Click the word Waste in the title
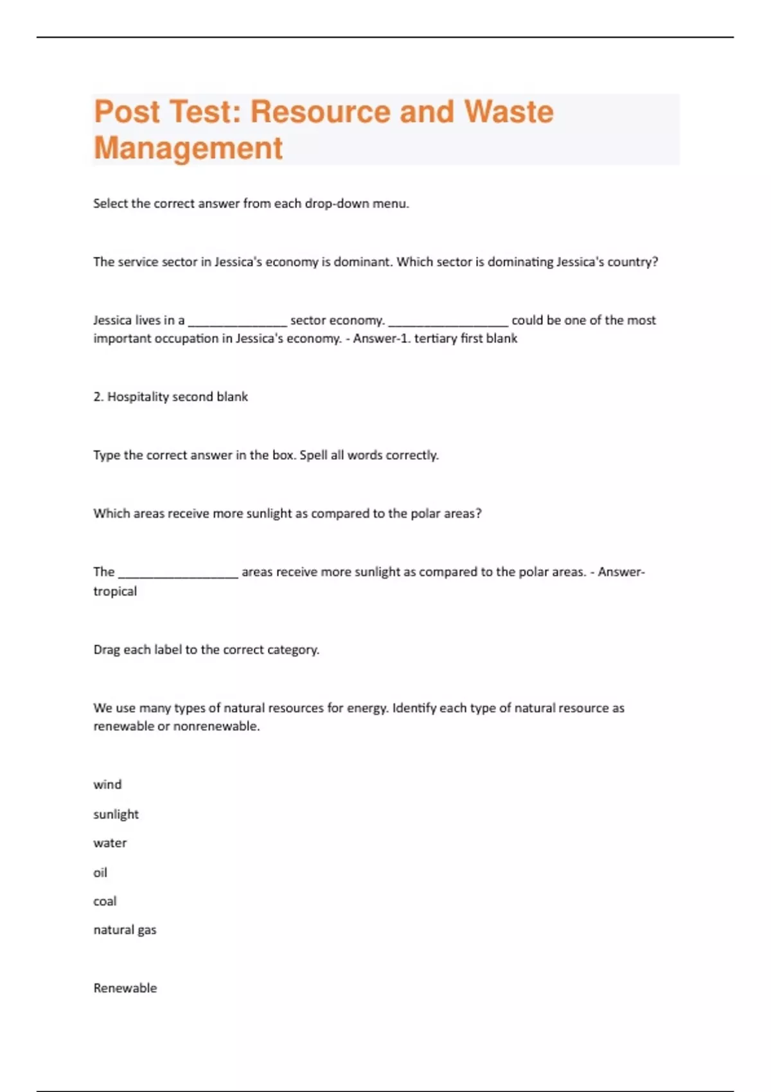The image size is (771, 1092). click(x=508, y=112)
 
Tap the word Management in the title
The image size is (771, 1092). click(x=188, y=148)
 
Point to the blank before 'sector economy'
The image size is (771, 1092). click(x=237, y=321)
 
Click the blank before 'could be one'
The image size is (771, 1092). click(x=448, y=321)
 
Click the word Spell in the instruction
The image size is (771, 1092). click(x=314, y=455)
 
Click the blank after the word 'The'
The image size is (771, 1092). click(x=178, y=572)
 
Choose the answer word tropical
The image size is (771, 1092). click(x=115, y=592)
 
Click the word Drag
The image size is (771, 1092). click(x=107, y=650)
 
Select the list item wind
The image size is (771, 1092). click(x=107, y=785)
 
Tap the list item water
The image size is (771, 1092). click(x=110, y=843)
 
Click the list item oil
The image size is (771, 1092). click(x=100, y=872)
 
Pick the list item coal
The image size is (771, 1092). click(x=105, y=901)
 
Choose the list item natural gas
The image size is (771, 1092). click(x=125, y=930)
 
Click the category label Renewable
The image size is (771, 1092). click(x=125, y=988)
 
